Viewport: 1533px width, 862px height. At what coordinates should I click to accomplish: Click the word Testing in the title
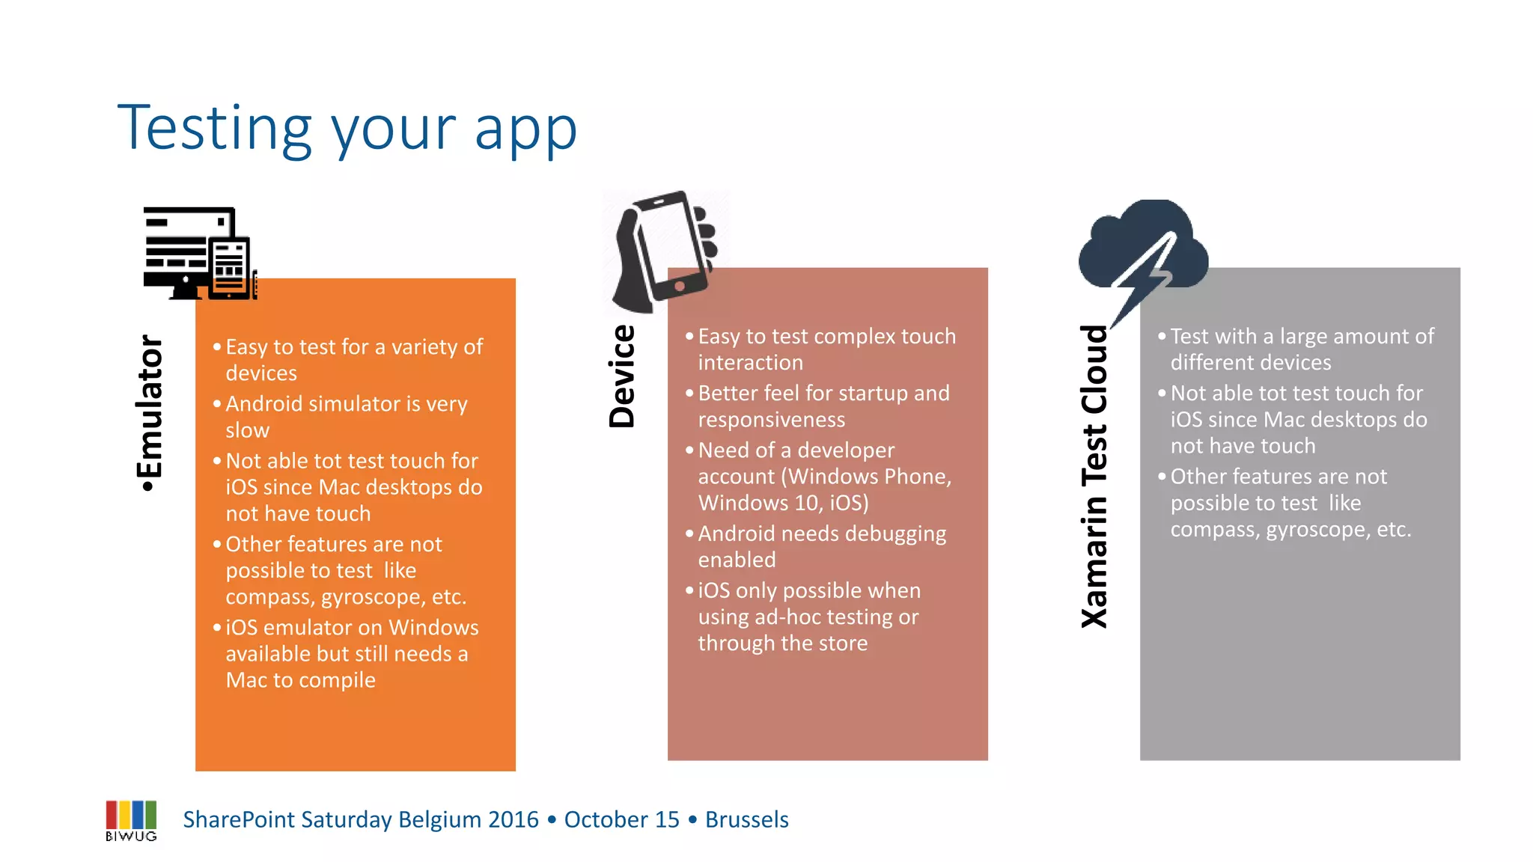coord(214,129)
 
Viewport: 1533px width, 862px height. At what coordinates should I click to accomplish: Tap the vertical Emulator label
coord(150,412)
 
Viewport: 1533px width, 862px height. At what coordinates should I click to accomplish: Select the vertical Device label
coord(622,376)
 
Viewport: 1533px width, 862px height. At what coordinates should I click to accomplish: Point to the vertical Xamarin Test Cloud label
coord(1094,477)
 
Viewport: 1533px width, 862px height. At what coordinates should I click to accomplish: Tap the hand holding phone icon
coord(662,251)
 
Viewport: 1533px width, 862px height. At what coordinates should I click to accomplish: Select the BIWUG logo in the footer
coord(131,820)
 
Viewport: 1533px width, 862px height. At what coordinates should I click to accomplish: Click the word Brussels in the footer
coord(746,820)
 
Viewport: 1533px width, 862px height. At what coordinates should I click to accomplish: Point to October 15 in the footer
coord(621,820)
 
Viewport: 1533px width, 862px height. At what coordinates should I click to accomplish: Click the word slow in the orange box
coord(247,430)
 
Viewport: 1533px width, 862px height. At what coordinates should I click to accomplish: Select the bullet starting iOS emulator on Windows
coord(352,653)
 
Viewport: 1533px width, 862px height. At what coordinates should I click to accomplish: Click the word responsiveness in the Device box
coord(771,420)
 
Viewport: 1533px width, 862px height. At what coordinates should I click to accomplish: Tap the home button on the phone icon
coord(680,286)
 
